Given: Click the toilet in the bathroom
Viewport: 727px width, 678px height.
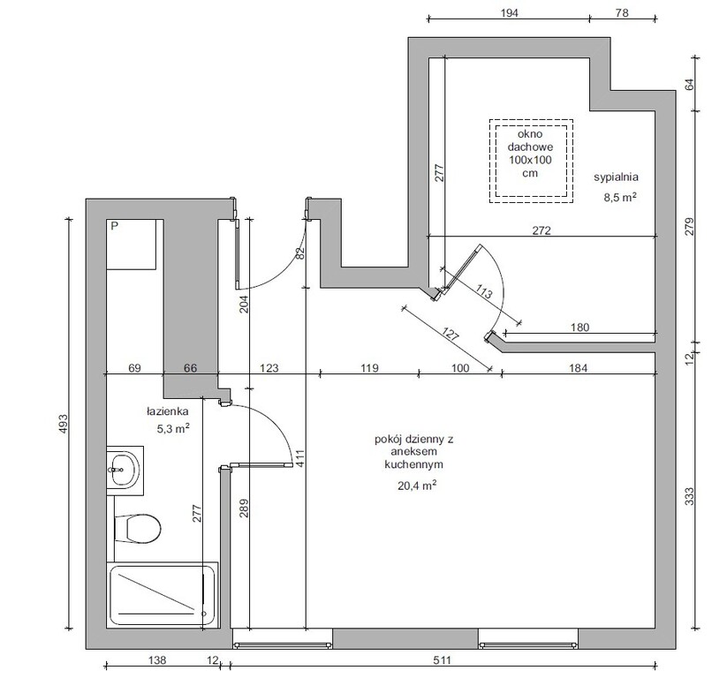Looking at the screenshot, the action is pos(138,528).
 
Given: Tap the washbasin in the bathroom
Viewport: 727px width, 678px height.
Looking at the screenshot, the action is pos(125,471).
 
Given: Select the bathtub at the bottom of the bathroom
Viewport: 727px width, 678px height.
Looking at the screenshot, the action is pos(163,596).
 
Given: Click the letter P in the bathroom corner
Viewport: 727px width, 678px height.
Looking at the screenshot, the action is pos(115,226).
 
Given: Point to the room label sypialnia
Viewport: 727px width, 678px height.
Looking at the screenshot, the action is pos(617,177).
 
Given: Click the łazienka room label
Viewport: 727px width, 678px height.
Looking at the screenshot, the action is pos(167,411).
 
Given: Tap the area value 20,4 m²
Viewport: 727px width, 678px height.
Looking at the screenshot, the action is pos(417,486).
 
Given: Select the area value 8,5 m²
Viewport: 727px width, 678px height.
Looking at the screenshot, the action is pos(619,198).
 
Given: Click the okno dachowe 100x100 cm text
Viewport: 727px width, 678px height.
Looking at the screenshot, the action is pos(530,154).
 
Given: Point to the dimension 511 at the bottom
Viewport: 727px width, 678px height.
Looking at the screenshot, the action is pos(442,659).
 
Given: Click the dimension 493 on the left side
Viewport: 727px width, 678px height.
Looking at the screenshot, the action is pos(63,424).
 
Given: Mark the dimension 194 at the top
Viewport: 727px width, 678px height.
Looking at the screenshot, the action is pos(509,12).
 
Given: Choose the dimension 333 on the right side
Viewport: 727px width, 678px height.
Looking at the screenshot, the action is pos(690,496).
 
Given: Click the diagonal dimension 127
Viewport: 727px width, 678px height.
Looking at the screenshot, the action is pos(451,335).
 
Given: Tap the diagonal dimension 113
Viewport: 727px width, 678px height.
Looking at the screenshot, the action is pos(483,293).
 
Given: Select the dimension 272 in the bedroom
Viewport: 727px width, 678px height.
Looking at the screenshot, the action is pos(541,230).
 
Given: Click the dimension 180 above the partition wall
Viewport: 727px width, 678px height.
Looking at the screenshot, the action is pos(579,328).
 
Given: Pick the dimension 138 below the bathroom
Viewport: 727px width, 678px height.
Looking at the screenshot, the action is pos(156,659).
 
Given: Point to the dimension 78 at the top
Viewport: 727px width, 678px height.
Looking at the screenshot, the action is pos(622,12).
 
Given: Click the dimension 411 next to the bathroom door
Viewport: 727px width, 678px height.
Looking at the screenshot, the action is pos(299,458).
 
